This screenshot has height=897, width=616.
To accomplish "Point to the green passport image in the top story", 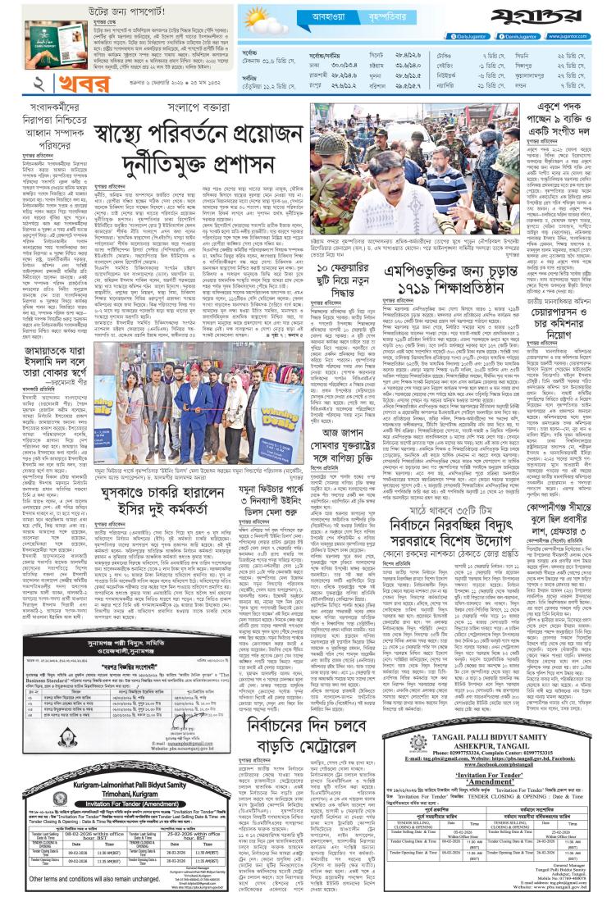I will pos(34,31).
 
